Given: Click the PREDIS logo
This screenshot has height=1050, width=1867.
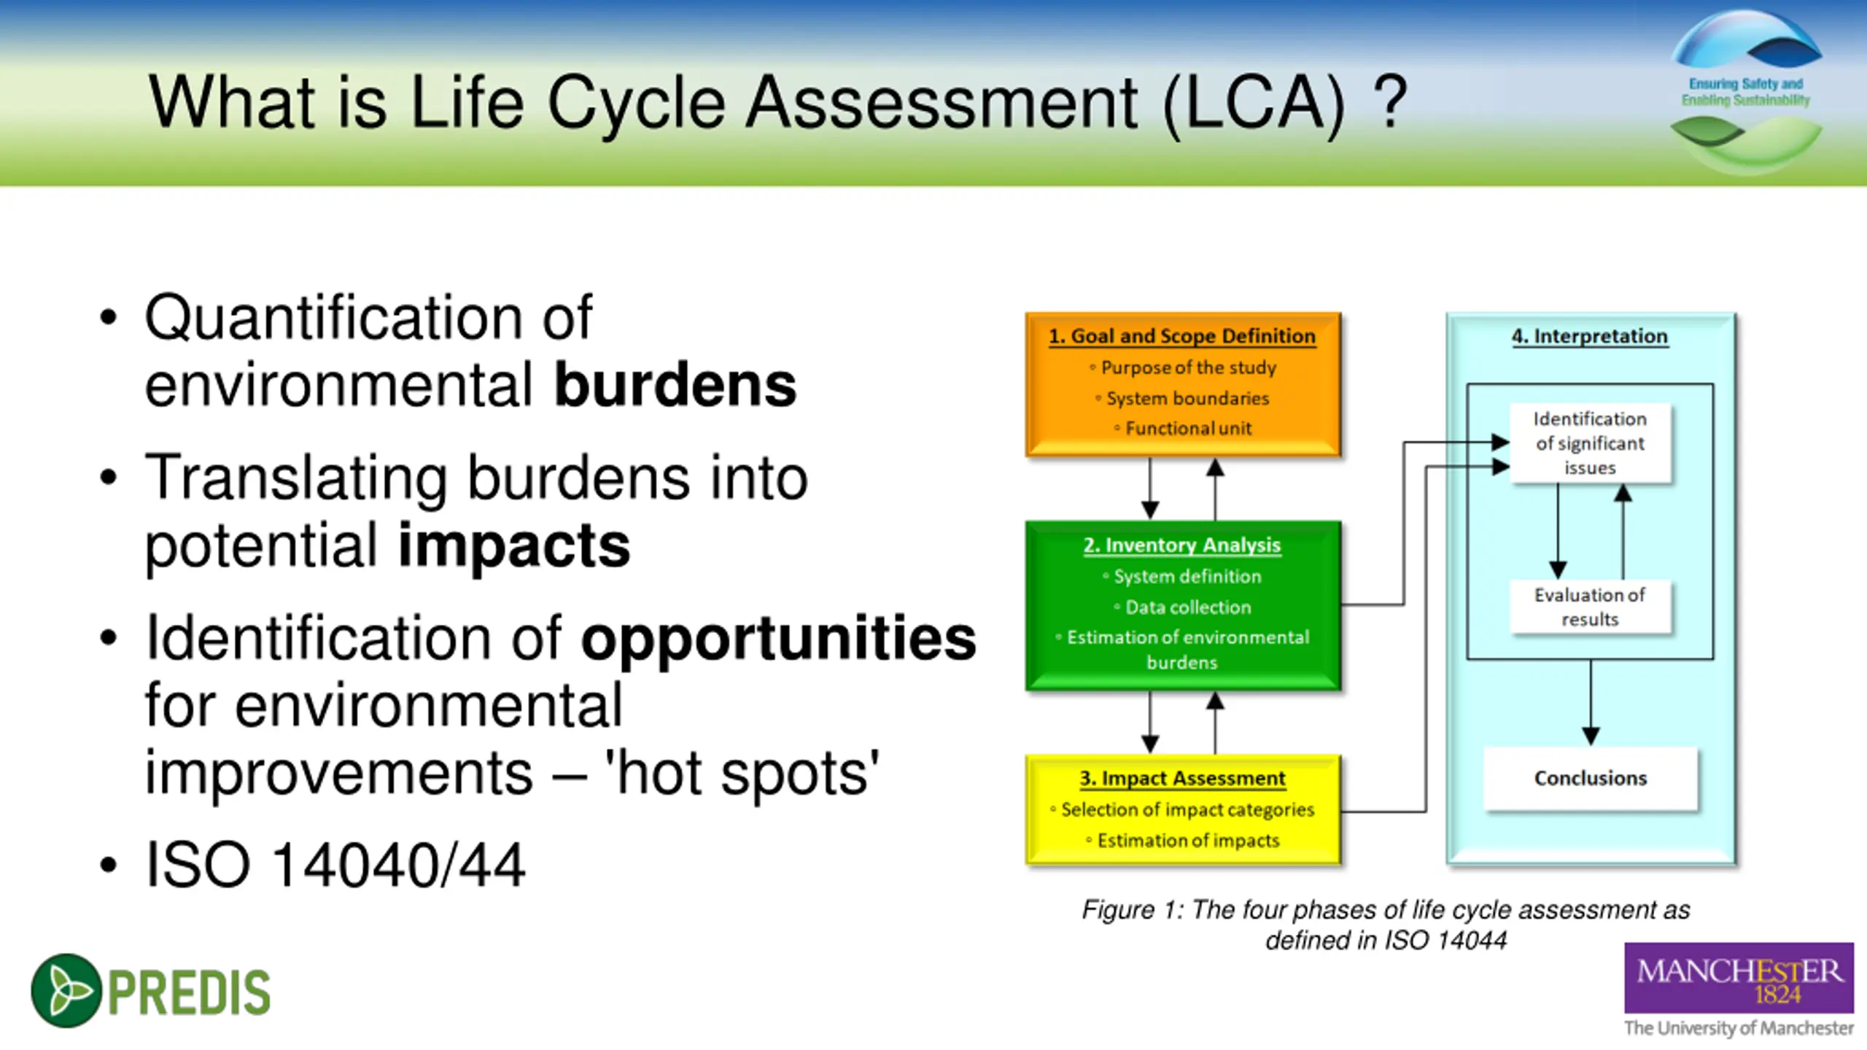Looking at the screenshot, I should pyautogui.click(x=151, y=991).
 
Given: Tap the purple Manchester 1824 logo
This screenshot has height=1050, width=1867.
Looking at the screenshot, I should pyautogui.click(x=1739, y=979).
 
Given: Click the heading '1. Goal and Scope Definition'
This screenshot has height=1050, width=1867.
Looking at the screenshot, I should pyautogui.click(x=1181, y=336).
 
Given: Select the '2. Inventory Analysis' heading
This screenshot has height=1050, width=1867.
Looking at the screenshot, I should pyautogui.click(x=1181, y=545).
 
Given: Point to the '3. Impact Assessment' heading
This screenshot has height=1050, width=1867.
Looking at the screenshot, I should pyautogui.click(x=1182, y=778).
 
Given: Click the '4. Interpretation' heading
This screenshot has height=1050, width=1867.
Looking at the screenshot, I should pyautogui.click(x=1590, y=336).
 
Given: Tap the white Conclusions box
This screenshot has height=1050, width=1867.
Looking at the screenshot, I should pyautogui.click(x=1591, y=778).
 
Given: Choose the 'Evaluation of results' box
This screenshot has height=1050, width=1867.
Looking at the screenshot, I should pyautogui.click(x=1590, y=607).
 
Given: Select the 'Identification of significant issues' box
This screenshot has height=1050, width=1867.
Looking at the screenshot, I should pyautogui.click(x=1590, y=443).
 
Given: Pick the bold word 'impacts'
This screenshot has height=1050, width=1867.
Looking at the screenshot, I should pyautogui.click(x=514, y=545).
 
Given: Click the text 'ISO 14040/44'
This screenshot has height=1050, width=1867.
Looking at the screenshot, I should pyautogui.click(x=335, y=865).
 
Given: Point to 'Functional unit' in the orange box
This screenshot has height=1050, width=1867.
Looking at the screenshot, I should pyautogui.click(x=1188, y=429).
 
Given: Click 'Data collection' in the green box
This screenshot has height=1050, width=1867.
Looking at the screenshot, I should pyautogui.click(x=1188, y=607).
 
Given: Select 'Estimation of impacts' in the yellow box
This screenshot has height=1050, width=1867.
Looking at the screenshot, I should pyautogui.click(x=1188, y=841).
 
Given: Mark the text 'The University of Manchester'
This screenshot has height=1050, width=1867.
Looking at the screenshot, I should pyautogui.click(x=1739, y=1028).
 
